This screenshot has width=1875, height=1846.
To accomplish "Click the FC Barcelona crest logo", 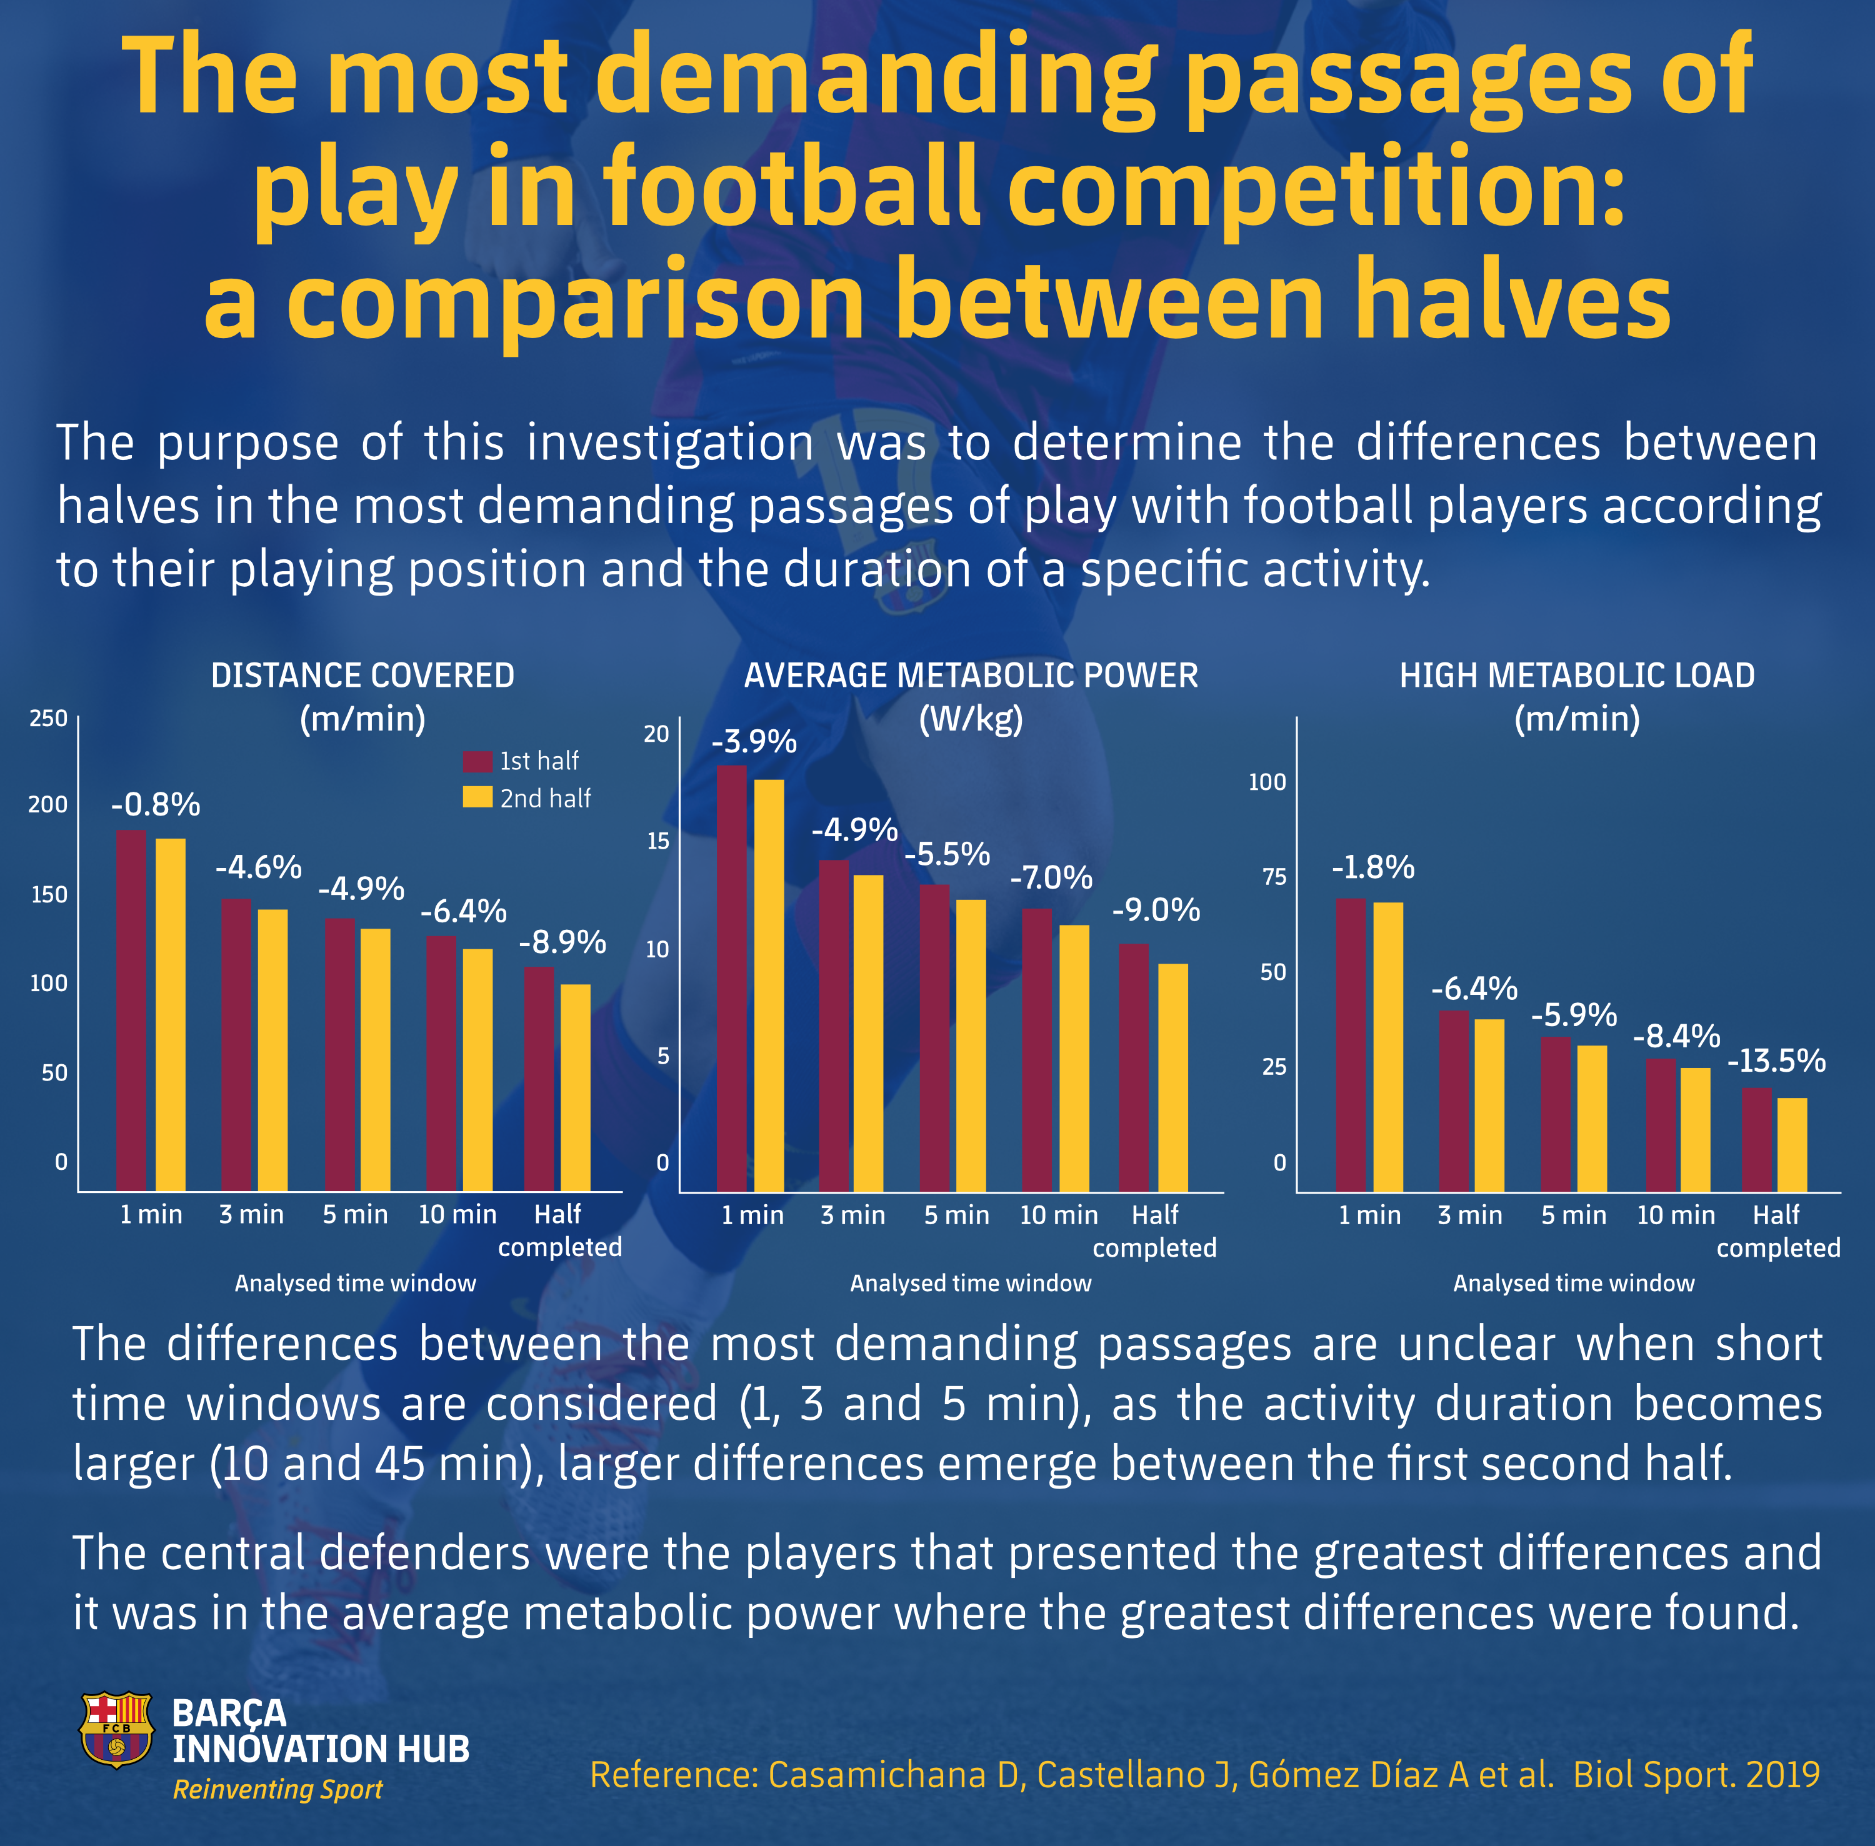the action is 116,1730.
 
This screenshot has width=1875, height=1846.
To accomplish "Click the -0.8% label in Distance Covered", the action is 155,805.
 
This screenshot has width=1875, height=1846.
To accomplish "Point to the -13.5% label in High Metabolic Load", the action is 1776,1060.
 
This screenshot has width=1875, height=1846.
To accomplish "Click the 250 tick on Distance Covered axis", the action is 49,719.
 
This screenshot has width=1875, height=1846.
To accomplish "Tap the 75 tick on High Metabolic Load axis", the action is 1273,877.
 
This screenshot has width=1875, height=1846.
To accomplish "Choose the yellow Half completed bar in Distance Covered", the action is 575,1088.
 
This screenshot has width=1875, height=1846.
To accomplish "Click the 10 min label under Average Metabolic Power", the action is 1059,1215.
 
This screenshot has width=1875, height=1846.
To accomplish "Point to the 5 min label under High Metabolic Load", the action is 1574,1215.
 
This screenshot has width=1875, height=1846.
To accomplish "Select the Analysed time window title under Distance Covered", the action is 355,1284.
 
